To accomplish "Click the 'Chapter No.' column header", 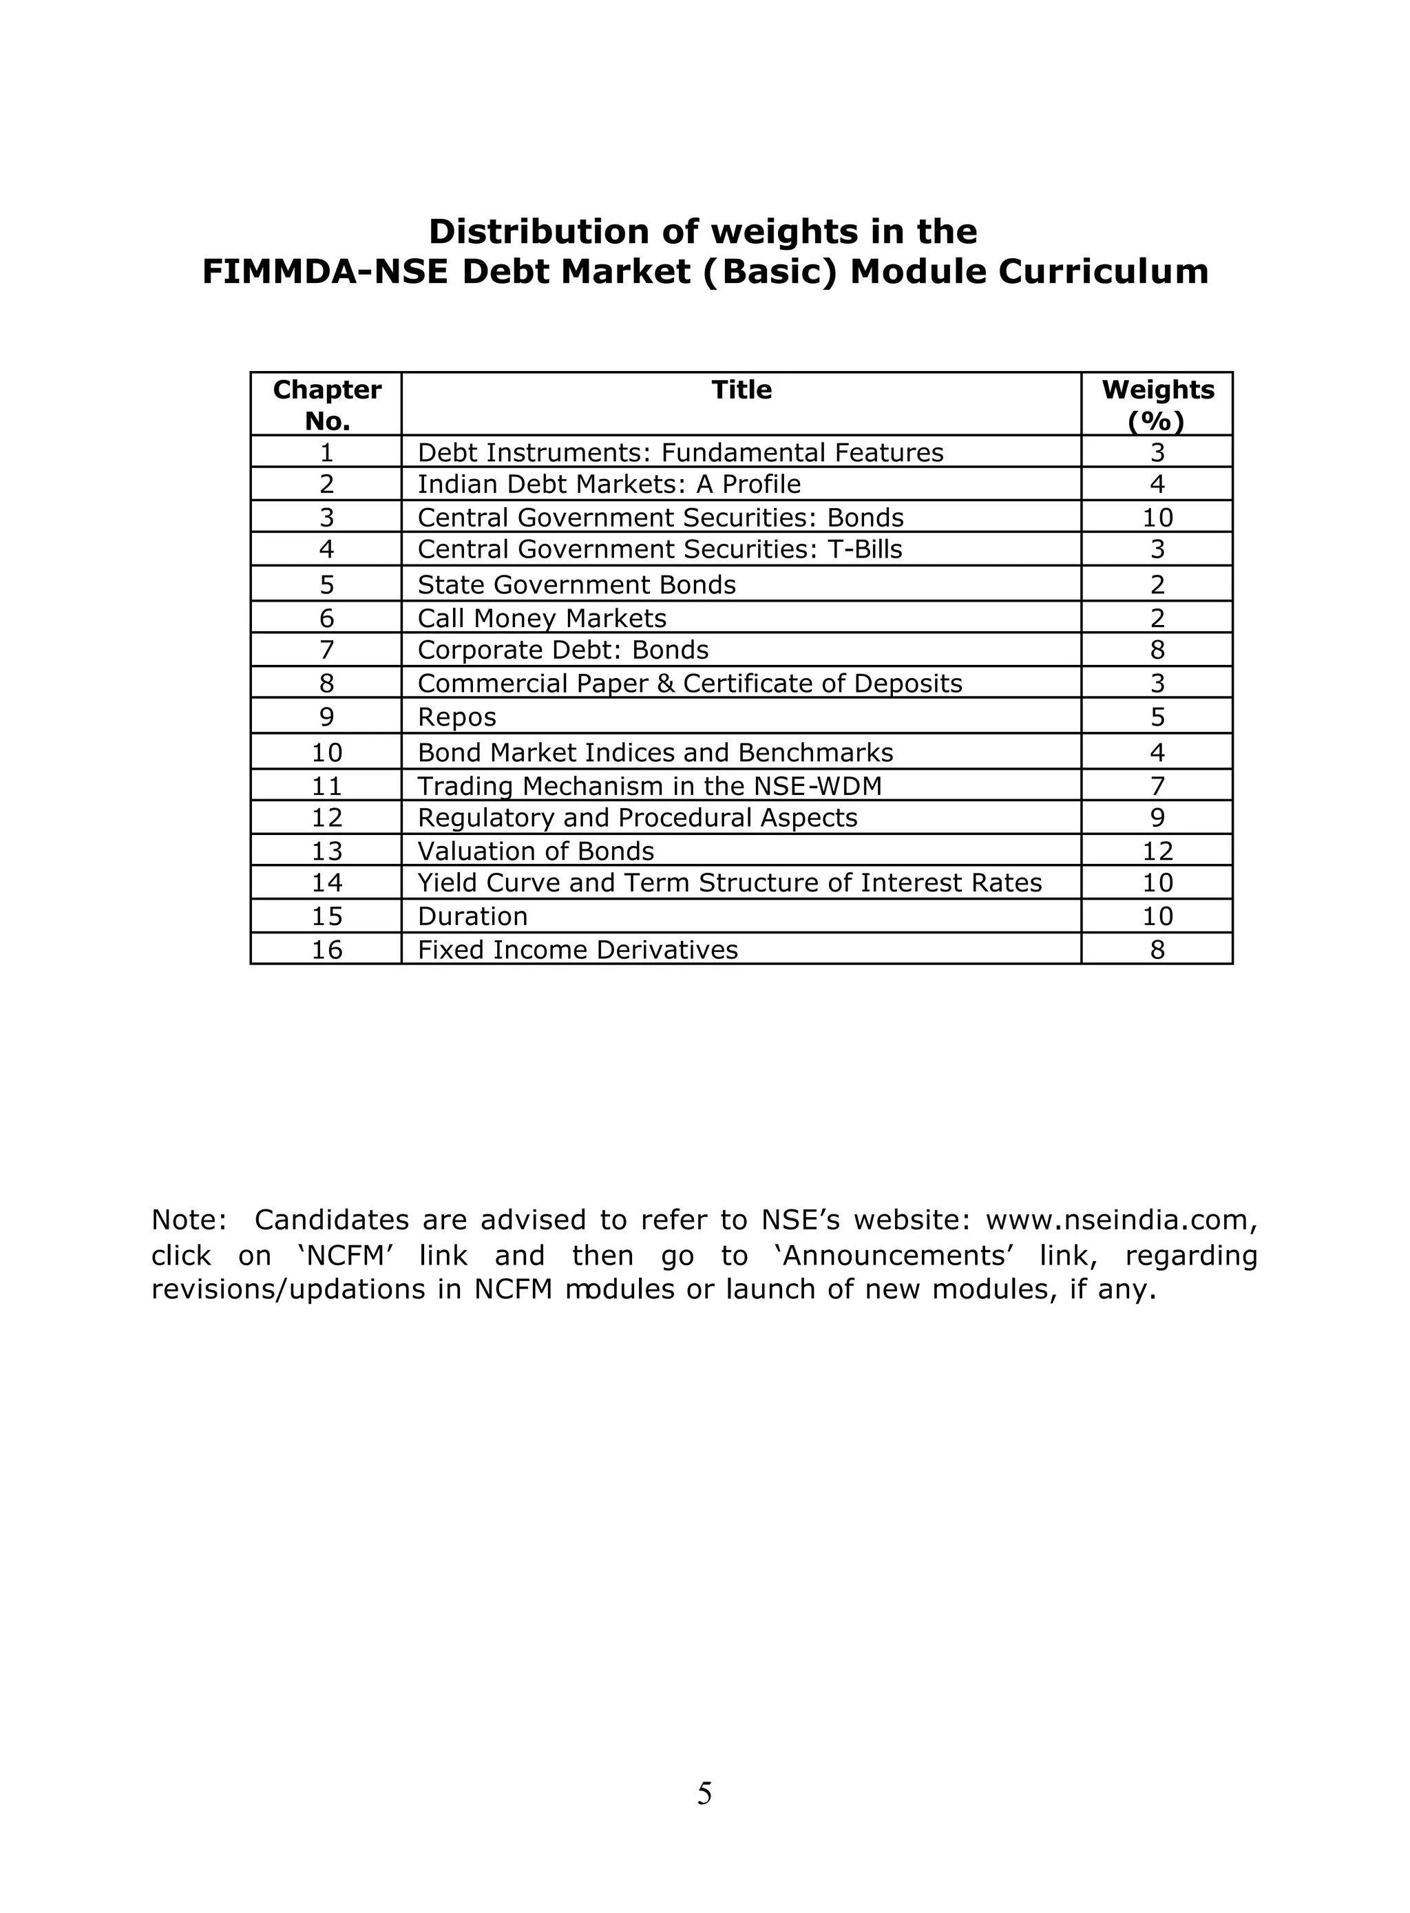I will click(327, 405).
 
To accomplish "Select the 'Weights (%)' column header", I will click(1157, 405).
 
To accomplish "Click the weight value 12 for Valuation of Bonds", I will click(1157, 851).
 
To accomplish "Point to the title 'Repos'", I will click(456, 717).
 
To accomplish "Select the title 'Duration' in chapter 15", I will click(472, 916).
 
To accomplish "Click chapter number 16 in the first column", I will click(327, 950).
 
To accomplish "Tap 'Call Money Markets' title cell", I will click(542, 617).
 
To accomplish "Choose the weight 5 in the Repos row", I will click(1157, 717).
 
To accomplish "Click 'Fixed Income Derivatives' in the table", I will click(578, 950).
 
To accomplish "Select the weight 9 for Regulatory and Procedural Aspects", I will click(1157, 817).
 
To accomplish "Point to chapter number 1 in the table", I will click(327, 452).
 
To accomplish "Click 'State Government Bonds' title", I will click(576, 584).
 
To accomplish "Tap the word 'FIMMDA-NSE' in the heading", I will click(324, 272).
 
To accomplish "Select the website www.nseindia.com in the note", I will click(1119, 1221).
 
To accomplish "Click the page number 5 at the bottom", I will click(704, 1795).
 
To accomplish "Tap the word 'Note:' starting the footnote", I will click(189, 1221).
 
